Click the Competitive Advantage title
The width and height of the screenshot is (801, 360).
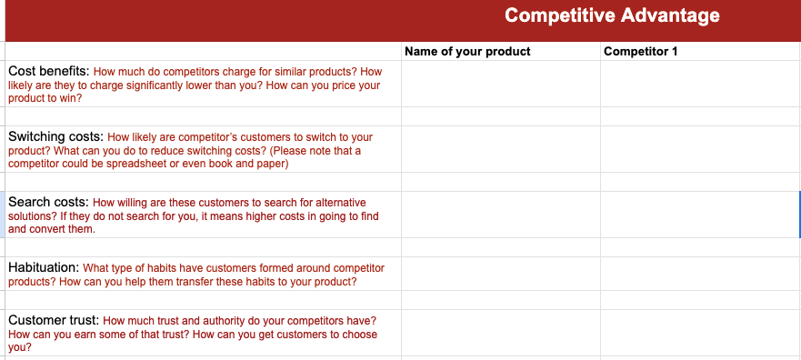[x=612, y=15]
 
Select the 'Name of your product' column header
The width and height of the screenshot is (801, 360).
[x=467, y=51]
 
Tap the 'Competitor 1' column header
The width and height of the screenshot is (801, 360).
[x=641, y=51]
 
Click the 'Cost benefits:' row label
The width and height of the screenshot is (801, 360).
[x=48, y=71]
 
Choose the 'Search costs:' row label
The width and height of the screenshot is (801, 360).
[x=48, y=202]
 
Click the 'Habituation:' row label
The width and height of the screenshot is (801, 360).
[x=44, y=267]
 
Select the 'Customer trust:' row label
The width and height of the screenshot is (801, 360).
[x=54, y=320]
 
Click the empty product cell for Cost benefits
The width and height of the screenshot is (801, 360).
[x=500, y=84]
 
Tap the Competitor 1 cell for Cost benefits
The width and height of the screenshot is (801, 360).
[x=700, y=84]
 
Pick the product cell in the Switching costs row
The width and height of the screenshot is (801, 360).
[x=500, y=149]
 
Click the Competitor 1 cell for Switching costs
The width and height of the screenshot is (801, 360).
[x=700, y=149]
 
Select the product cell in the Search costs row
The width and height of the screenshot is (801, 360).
[x=500, y=215]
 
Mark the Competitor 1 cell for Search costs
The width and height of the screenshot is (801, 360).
[x=700, y=215]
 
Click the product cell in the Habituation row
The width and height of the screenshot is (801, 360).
[x=500, y=274]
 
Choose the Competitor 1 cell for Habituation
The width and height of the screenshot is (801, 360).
[x=700, y=274]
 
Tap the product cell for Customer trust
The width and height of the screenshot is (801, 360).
[x=500, y=333]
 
